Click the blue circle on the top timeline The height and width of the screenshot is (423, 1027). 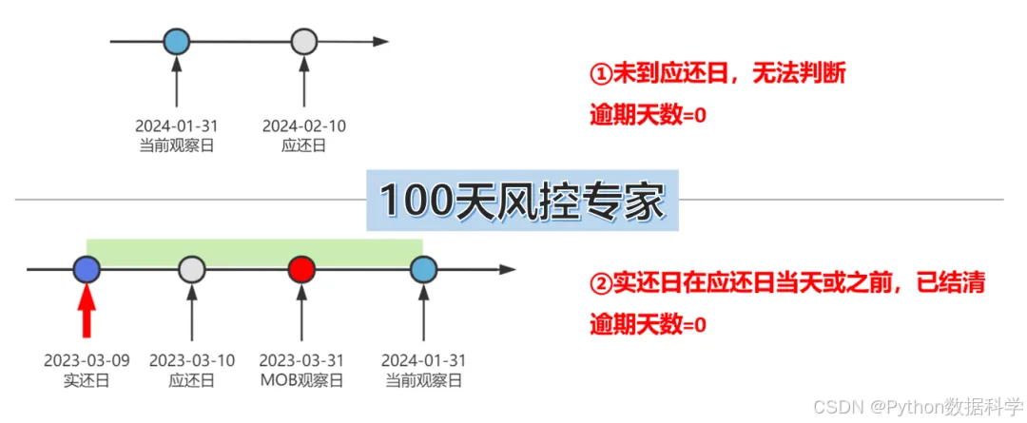[x=177, y=42]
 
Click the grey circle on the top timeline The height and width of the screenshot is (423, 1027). [x=303, y=42]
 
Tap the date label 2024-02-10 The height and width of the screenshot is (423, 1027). [x=303, y=125]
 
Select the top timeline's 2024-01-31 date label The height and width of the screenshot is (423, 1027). [x=177, y=125]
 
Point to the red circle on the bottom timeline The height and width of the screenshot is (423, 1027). [x=301, y=270]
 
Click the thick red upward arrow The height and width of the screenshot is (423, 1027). [x=87, y=312]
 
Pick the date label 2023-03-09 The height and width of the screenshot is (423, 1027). [x=87, y=361]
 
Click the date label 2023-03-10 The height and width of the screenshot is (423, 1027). [x=192, y=361]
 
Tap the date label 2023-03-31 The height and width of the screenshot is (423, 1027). [x=301, y=361]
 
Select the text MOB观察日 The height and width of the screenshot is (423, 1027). [x=301, y=380]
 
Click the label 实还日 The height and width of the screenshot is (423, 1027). [x=87, y=380]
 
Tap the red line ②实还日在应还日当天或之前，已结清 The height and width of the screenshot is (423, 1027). [x=787, y=283]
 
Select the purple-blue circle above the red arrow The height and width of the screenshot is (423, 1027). [x=87, y=270]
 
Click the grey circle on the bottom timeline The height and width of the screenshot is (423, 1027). [x=192, y=270]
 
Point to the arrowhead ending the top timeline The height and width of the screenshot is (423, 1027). [x=380, y=42]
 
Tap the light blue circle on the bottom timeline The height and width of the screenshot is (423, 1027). [x=422, y=270]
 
